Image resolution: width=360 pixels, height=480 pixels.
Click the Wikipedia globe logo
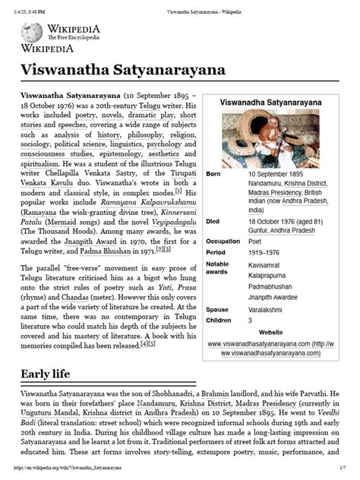[x=32, y=32]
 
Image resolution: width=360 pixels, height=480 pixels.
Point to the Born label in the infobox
[x=217, y=175]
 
